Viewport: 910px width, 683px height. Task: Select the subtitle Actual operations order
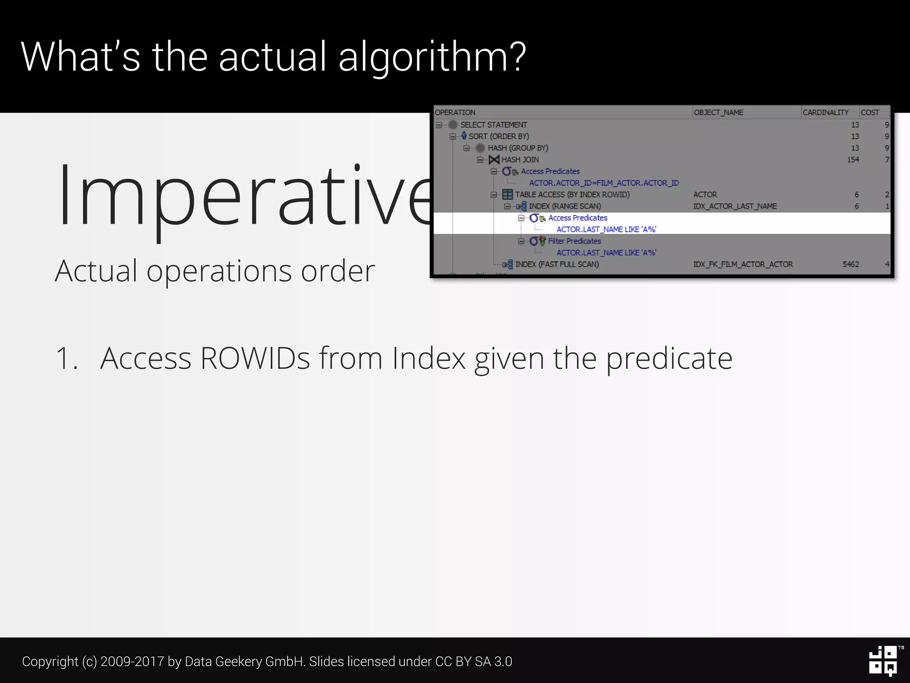tap(215, 271)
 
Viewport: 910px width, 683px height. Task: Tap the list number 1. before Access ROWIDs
tap(67, 358)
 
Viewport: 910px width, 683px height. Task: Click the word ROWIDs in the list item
tap(255, 358)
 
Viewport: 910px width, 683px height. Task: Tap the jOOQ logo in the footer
tap(883, 661)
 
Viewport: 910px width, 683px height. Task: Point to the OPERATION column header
tap(455, 112)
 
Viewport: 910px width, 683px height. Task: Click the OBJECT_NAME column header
tap(718, 112)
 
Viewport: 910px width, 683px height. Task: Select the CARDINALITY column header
tap(825, 112)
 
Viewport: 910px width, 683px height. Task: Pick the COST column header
tap(870, 112)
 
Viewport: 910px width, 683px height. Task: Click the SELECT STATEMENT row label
tap(493, 125)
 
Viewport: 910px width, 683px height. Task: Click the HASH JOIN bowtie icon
tap(494, 160)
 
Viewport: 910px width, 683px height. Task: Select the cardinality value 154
tap(853, 160)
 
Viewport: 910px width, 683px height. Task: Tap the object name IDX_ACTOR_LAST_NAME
tap(735, 206)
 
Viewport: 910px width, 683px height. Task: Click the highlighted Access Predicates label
tap(577, 218)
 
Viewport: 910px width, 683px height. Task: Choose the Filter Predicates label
tap(574, 241)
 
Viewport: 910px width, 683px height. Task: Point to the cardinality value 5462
tap(850, 264)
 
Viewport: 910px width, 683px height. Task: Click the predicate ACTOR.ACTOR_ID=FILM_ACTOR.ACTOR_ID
tap(604, 183)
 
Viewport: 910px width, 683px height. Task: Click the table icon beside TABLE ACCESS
tap(507, 195)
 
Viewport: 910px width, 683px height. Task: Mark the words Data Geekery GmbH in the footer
tap(244, 662)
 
